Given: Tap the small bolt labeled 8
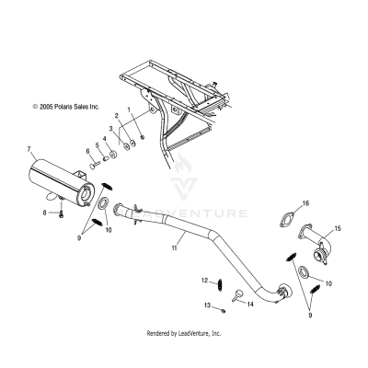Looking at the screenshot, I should [60, 215].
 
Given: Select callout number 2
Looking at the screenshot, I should [117, 117].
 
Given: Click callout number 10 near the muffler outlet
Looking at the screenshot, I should [109, 229].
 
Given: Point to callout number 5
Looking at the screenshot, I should [98, 146].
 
